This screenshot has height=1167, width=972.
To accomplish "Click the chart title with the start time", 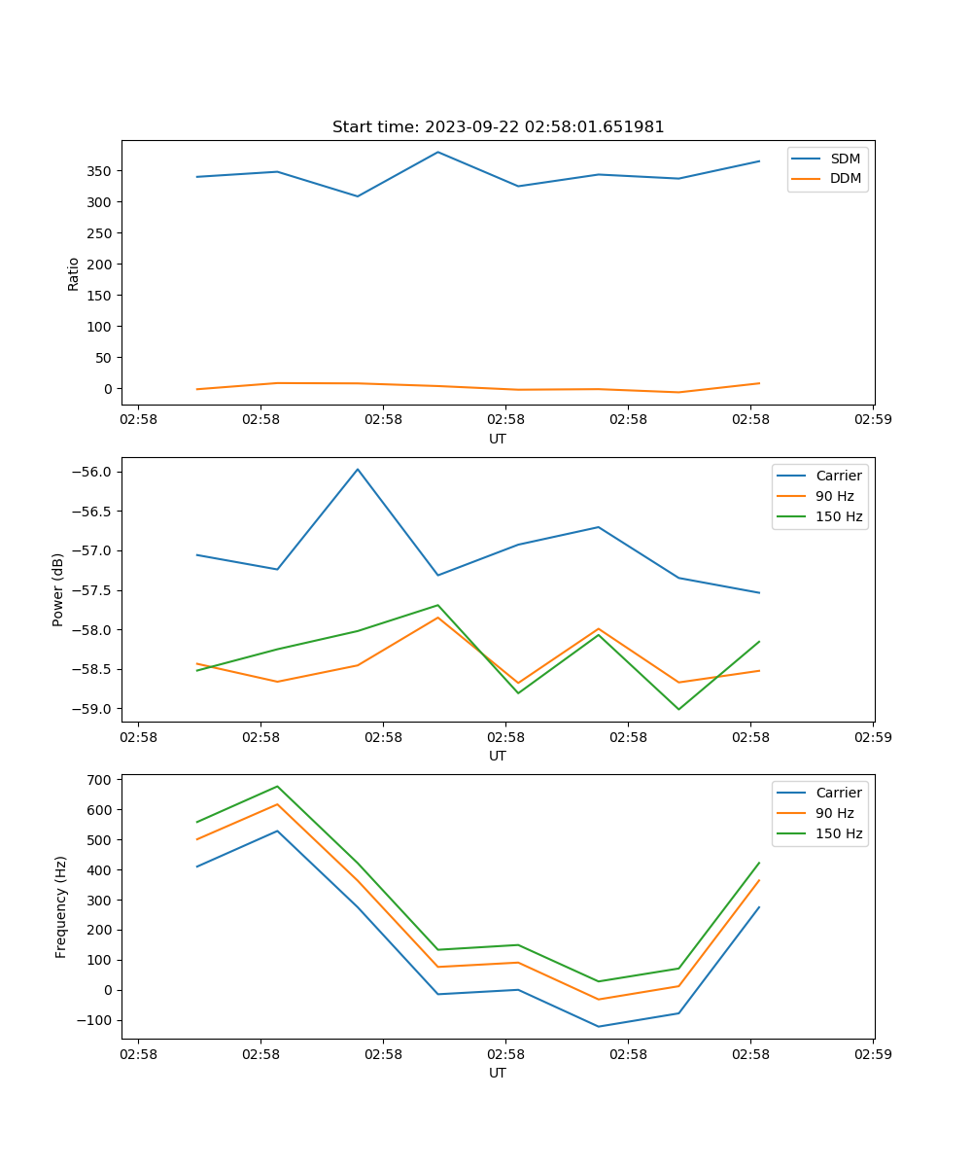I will pyautogui.click(x=498, y=127).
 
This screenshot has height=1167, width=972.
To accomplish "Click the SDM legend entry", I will pyautogui.click(x=845, y=159).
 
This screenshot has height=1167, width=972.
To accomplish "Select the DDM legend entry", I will pyautogui.click(x=845, y=178).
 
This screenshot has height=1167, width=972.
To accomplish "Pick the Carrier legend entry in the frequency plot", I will pyautogui.click(x=838, y=793).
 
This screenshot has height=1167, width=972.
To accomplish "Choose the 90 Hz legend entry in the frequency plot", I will pyautogui.click(x=834, y=813).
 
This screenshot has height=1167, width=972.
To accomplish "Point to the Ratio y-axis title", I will pyautogui.click(x=73, y=273).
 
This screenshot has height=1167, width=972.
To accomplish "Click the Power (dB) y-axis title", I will pyautogui.click(x=58, y=589).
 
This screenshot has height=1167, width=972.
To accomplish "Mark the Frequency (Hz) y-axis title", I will pyautogui.click(x=60, y=906).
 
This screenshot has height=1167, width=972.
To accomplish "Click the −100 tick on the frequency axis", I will pyautogui.click(x=94, y=1020).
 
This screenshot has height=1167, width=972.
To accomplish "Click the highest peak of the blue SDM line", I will pyautogui.click(x=438, y=152).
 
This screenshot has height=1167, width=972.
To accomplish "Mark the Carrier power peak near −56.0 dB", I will pyautogui.click(x=358, y=469).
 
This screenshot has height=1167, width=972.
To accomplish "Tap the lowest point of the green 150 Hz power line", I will pyautogui.click(x=678, y=709).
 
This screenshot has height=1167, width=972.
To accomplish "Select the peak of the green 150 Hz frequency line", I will pyautogui.click(x=277, y=786).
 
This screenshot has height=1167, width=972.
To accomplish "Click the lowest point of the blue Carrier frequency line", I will pyautogui.click(x=598, y=1026).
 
